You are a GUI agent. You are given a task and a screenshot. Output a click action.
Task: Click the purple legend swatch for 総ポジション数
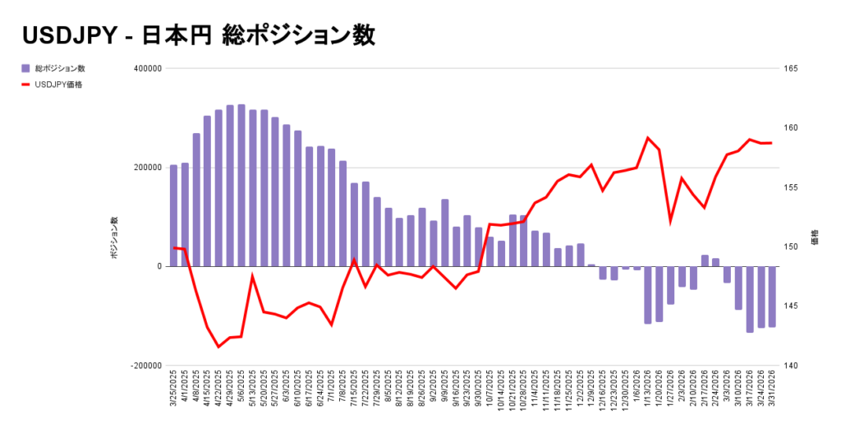[x=26, y=68]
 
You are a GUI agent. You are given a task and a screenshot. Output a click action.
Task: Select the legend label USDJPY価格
[x=58, y=84]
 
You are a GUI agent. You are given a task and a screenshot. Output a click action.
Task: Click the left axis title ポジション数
[x=116, y=238]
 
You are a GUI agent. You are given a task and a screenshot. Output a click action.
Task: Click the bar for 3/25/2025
[x=173, y=215]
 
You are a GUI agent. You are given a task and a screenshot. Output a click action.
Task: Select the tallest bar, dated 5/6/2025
[x=241, y=185]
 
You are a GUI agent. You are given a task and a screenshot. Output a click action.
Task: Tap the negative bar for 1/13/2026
[x=648, y=294]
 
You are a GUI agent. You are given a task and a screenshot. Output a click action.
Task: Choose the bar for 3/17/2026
[x=750, y=299]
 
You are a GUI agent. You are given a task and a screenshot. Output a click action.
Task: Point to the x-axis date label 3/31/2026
[x=772, y=392]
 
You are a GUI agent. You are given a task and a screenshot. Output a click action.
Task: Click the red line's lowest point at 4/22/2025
[x=218, y=347]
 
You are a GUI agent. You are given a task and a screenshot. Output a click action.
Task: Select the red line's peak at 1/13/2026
[x=648, y=137]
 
